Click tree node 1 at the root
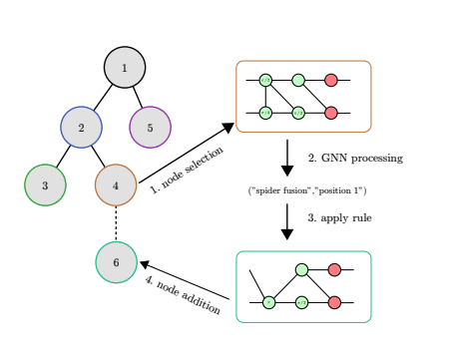[125, 68]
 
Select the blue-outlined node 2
[81, 127]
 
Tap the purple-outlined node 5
[150, 127]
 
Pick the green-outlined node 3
[45, 184]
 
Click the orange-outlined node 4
[116, 184]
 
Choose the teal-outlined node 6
[116, 262]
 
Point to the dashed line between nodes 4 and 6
[116, 223]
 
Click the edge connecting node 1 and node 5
[138, 97]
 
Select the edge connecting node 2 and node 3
[63, 156]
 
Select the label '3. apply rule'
[339, 217]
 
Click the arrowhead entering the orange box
[227, 127]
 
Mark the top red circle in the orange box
[331, 80]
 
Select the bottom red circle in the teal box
[334, 302]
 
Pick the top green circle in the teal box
[300, 269]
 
